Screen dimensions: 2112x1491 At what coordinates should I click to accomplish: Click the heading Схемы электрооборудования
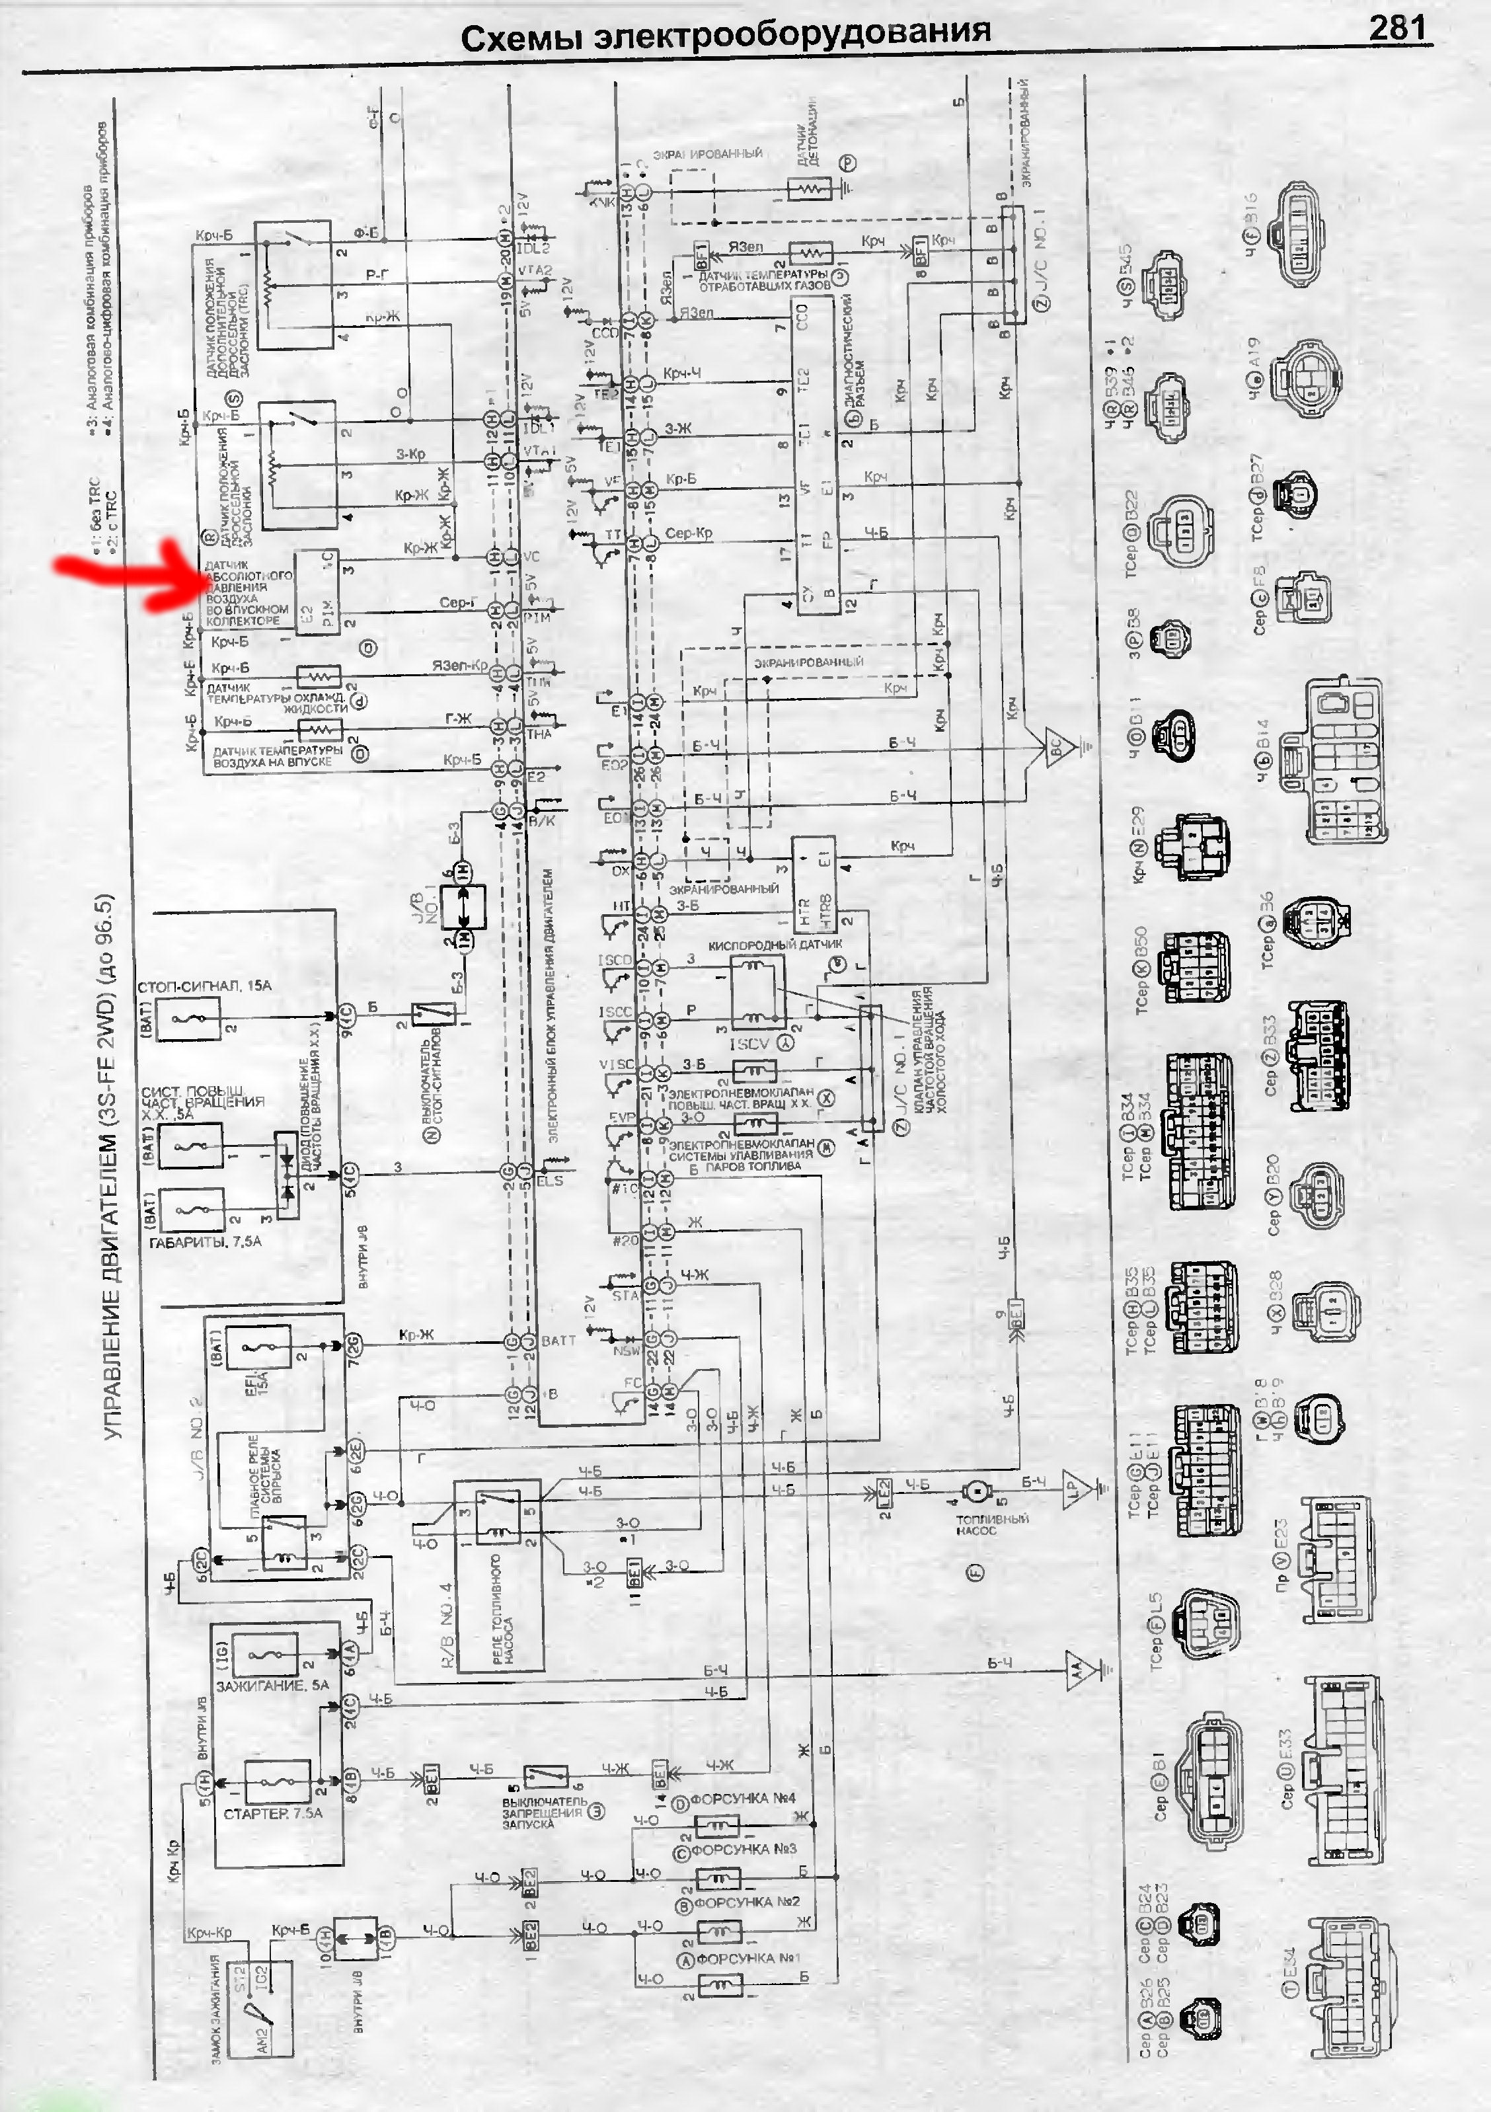click(725, 37)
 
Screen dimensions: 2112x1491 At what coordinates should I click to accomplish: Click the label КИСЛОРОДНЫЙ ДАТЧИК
click(775, 945)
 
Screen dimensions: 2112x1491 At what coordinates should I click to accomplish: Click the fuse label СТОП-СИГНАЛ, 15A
click(204, 987)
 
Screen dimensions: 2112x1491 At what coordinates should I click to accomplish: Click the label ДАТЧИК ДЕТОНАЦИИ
click(808, 131)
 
